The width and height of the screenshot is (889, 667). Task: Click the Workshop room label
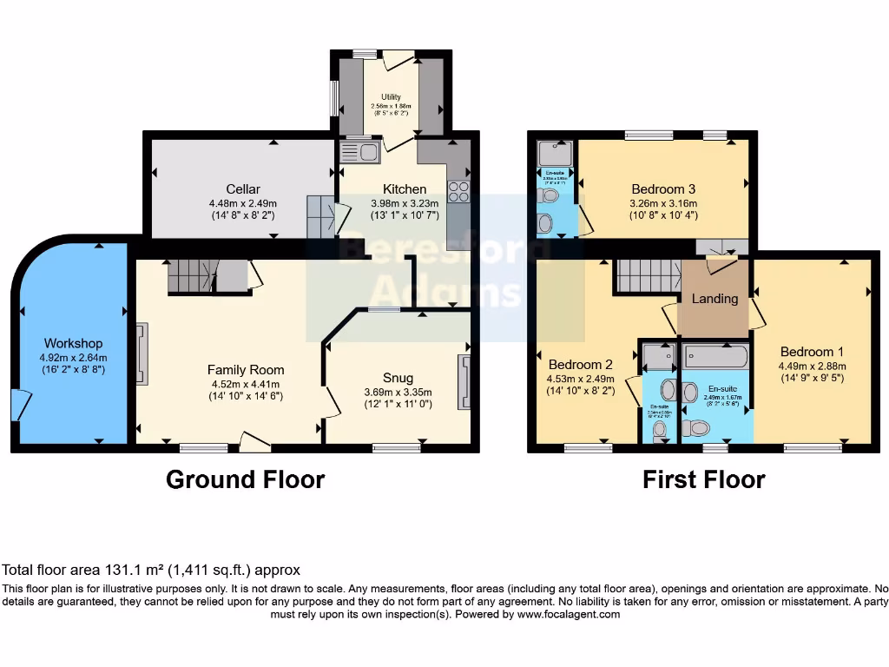point(74,344)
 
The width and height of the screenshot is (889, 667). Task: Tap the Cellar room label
point(243,189)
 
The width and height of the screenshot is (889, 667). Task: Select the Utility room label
point(390,96)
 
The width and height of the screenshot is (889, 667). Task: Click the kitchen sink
point(359,153)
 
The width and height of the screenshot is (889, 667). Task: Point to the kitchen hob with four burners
point(458,192)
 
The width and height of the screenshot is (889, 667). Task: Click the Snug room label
point(398,378)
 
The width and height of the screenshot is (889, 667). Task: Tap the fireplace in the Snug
point(465,381)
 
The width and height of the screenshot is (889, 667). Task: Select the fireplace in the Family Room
point(142,353)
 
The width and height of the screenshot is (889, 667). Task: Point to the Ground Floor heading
point(245,479)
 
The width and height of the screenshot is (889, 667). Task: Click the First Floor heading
point(703,479)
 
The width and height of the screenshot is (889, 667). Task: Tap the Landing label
point(714,299)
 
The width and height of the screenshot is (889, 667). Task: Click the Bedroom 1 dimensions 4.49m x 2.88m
point(812,366)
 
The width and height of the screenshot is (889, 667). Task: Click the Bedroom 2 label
point(580,365)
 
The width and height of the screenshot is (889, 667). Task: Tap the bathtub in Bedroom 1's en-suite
point(715,356)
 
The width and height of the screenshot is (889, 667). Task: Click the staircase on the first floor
point(648,276)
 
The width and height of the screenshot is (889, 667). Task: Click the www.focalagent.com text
point(569,614)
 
